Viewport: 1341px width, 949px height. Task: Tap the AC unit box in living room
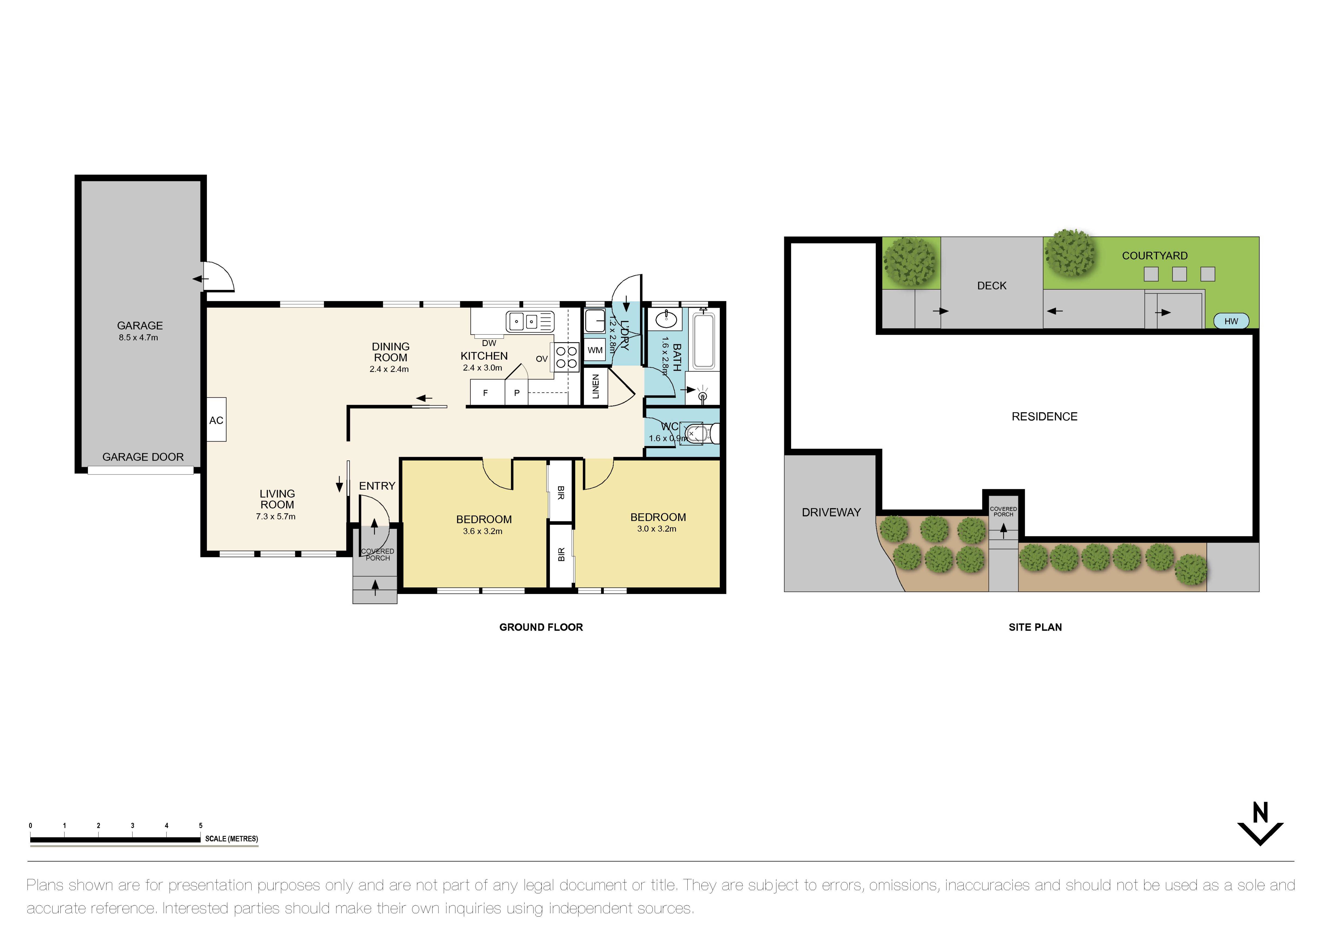coord(216,419)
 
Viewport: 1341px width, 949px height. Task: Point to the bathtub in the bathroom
coord(704,341)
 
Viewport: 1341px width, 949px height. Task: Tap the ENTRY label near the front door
coord(377,486)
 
